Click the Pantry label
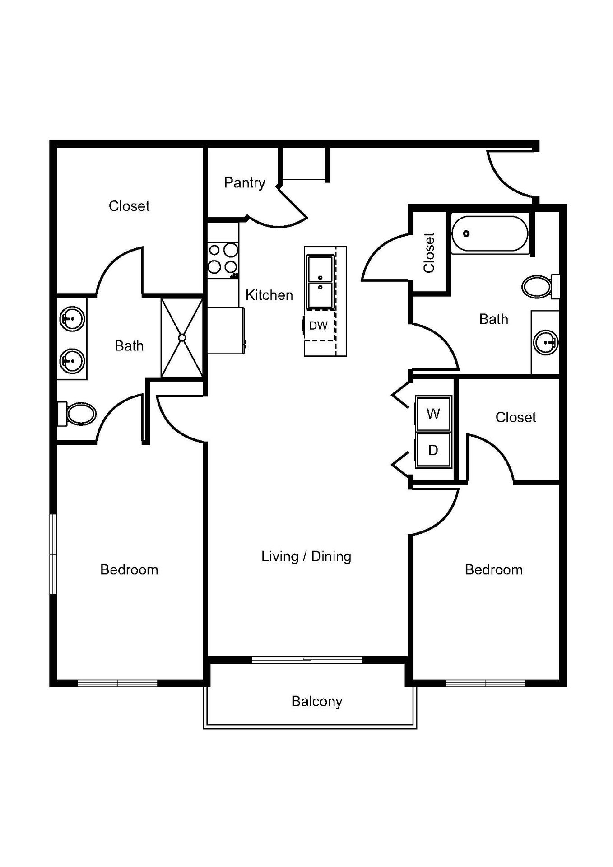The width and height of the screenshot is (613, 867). tap(244, 183)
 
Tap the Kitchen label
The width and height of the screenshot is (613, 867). tap(269, 295)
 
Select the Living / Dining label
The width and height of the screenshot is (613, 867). tap(306, 556)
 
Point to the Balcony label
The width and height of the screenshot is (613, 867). tap(316, 701)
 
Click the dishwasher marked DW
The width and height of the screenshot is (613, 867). tap(319, 326)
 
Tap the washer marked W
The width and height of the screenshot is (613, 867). tap(433, 414)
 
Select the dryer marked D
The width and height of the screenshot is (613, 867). tap(433, 450)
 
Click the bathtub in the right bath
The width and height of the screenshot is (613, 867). tap(490, 234)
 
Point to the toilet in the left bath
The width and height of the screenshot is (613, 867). tap(79, 414)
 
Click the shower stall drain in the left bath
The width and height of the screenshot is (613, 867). tap(182, 337)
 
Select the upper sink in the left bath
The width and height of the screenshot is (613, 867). tap(72, 319)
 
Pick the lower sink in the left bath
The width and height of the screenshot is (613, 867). tap(72, 360)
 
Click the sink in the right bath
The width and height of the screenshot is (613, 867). tap(546, 342)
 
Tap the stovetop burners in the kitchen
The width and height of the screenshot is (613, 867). tap(223, 259)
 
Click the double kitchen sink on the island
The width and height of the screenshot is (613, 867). tap(320, 282)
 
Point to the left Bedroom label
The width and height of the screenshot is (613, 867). tap(129, 570)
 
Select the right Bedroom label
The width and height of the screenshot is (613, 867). tap(493, 570)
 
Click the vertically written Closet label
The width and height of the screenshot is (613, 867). tap(429, 253)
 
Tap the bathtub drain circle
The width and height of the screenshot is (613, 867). tap(466, 233)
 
